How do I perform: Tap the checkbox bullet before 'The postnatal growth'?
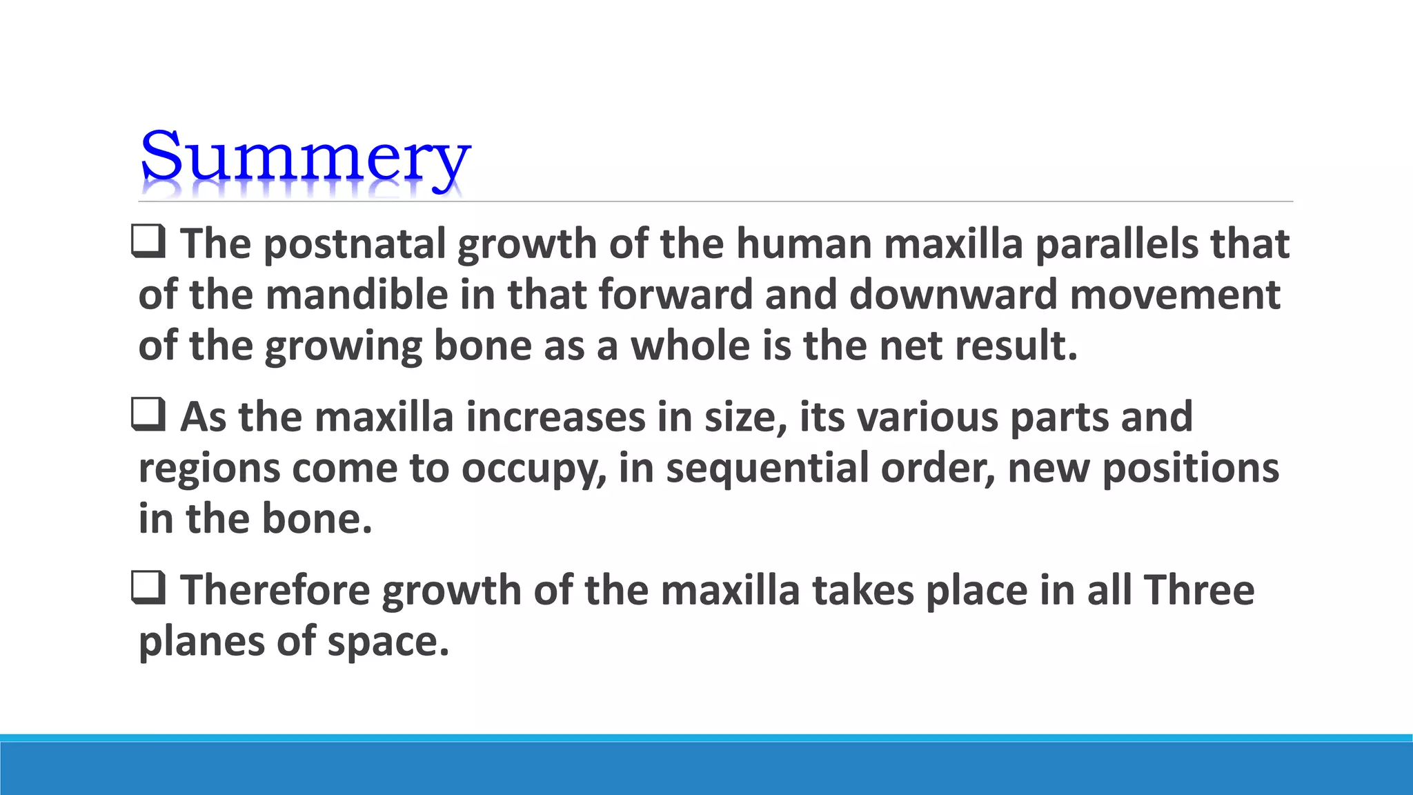[148, 242]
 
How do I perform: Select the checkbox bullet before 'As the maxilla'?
[148, 415]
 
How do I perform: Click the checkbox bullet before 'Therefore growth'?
[148, 589]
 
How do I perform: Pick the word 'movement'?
[1175, 295]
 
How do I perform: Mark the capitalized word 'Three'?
[1198, 591]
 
